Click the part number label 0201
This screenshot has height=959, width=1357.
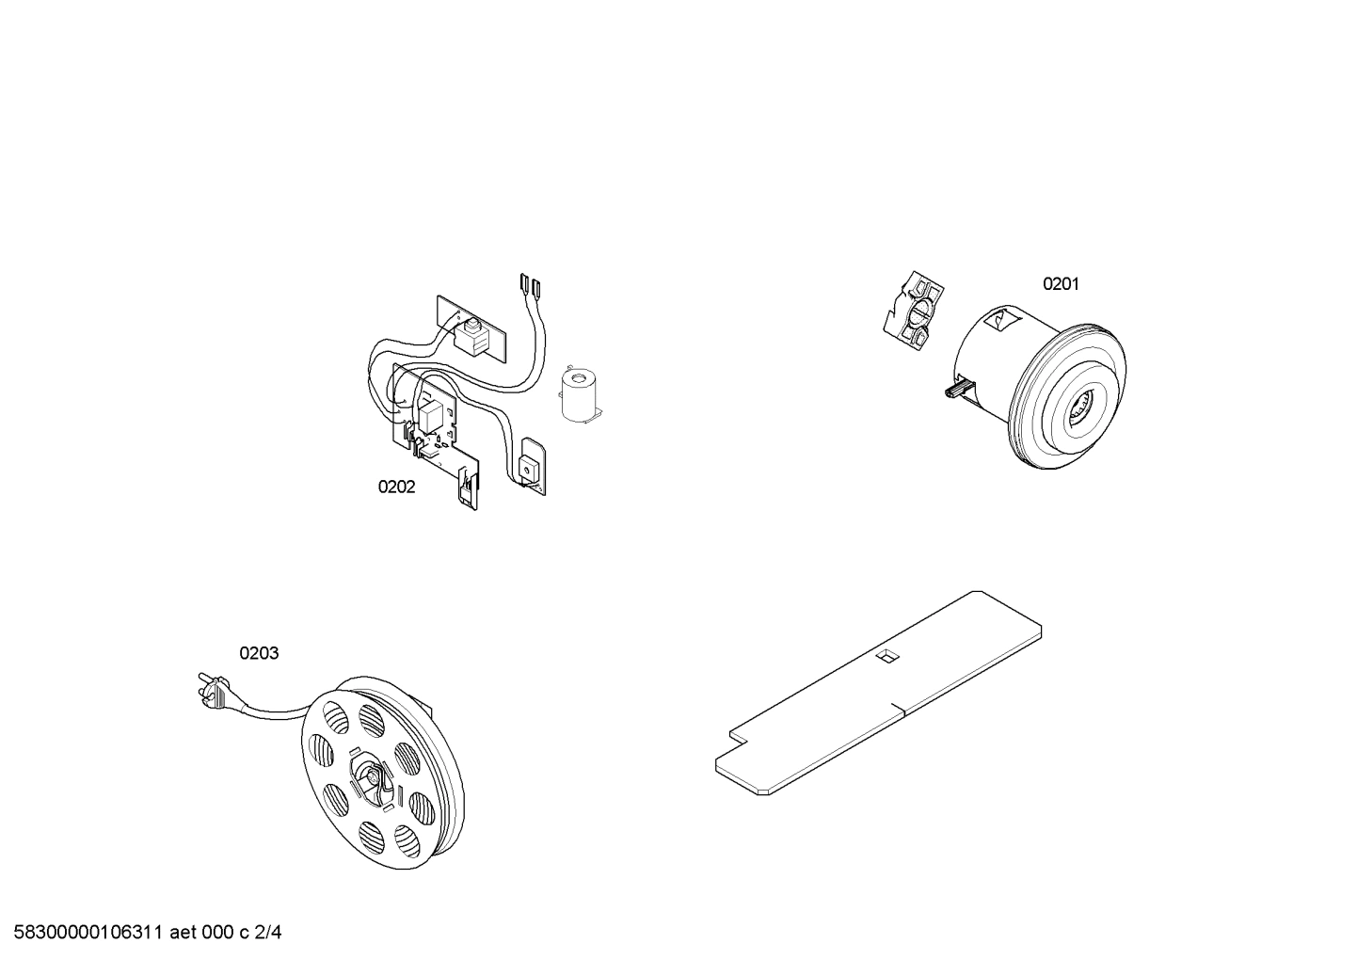1061,284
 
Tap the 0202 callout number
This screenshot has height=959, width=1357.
396,487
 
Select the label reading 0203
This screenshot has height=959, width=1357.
259,653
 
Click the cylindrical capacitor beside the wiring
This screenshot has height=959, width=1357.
579,392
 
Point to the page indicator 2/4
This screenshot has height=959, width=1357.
268,934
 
